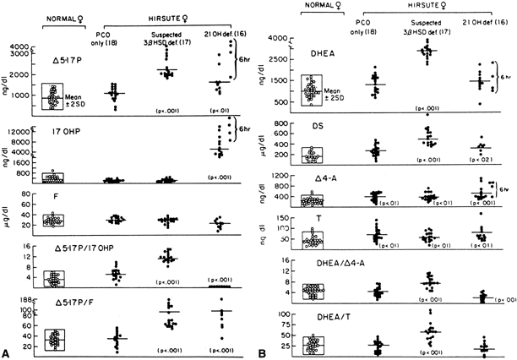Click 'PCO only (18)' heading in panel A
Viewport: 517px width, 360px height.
[x=110, y=30]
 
